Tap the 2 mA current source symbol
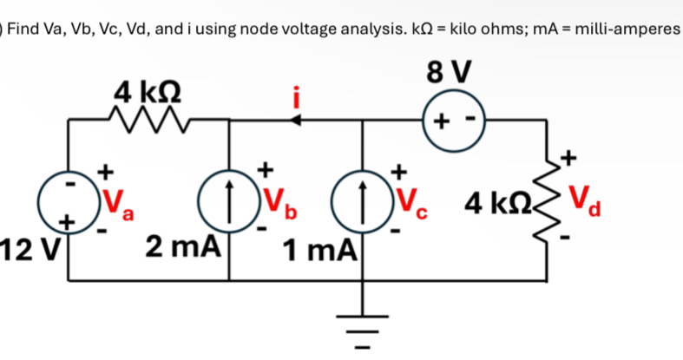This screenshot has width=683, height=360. click(x=228, y=206)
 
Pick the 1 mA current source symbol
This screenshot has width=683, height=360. click(x=363, y=206)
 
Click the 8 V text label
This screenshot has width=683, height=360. click(x=450, y=75)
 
